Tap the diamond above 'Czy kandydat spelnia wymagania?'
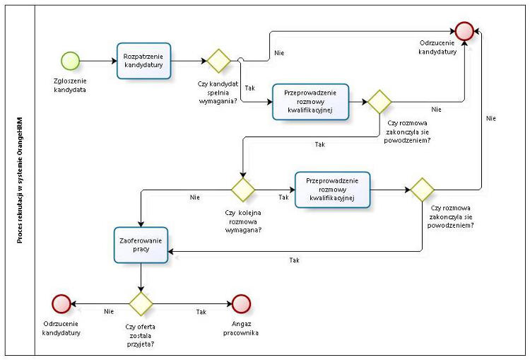(218, 60)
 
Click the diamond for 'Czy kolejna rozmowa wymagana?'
(243, 190)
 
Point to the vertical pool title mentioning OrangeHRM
(19, 180)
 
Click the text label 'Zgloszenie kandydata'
(71, 85)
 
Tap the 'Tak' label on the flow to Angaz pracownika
(201, 310)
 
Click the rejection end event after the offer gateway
(61, 303)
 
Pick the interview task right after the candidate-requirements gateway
(311, 102)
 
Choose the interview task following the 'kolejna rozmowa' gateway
(334, 190)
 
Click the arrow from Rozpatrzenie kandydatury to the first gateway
(188, 60)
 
